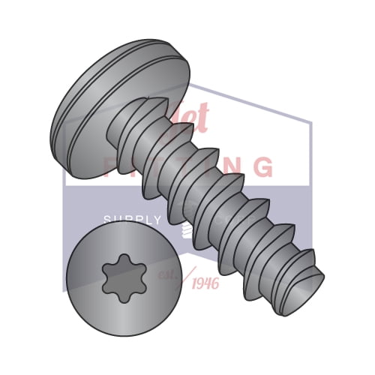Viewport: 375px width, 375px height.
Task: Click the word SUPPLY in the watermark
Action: [132, 220]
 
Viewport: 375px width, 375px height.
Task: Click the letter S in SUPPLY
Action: [106, 220]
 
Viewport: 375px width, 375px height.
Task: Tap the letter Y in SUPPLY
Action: [158, 220]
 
